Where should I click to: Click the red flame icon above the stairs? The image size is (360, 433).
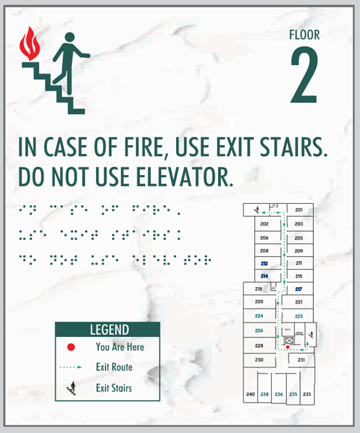click(27, 43)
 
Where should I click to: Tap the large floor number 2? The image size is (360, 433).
click(304, 76)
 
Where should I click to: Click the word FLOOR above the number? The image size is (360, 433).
click(304, 35)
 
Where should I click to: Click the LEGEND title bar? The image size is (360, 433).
click(107, 330)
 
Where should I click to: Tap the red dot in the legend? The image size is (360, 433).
click(71, 347)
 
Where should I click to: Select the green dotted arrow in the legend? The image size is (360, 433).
click(72, 367)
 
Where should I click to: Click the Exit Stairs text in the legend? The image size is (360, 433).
click(114, 388)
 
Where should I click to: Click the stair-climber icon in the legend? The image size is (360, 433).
click(72, 388)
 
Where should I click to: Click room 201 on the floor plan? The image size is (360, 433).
click(299, 210)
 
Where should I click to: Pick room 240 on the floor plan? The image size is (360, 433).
click(250, 394)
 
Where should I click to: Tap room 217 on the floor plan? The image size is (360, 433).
click(299, 289)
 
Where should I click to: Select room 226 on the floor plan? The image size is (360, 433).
click(259, 330)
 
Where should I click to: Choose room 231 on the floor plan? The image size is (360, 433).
click(301, 360)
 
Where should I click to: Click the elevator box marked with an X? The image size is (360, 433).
click(289, 341)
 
